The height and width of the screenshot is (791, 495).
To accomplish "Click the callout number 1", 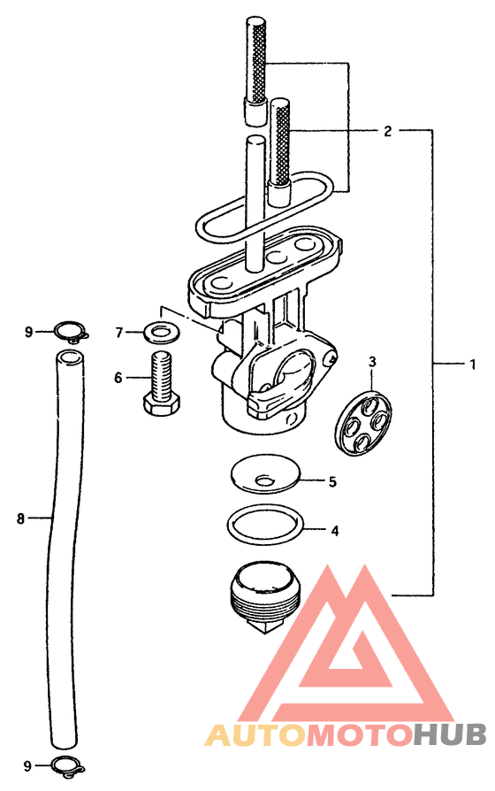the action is pos(472,364).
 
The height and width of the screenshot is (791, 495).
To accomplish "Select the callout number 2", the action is pos(387,132).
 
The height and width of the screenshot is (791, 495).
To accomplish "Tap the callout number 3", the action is pos(372,362).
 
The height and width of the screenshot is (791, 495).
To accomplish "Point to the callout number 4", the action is pos(335,531).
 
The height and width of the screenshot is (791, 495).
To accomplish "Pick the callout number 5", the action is pos(332,481).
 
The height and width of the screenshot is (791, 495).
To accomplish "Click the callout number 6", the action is pos(118,377).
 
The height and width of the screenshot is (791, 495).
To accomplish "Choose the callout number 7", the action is pos(119,333).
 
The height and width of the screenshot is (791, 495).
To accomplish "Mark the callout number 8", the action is pos(20,518).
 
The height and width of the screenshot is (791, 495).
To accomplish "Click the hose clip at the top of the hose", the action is pos(72,332).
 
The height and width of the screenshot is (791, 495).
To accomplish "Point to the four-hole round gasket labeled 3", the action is pos(364,420).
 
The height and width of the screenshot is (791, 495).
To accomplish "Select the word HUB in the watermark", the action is pos(449,734).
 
